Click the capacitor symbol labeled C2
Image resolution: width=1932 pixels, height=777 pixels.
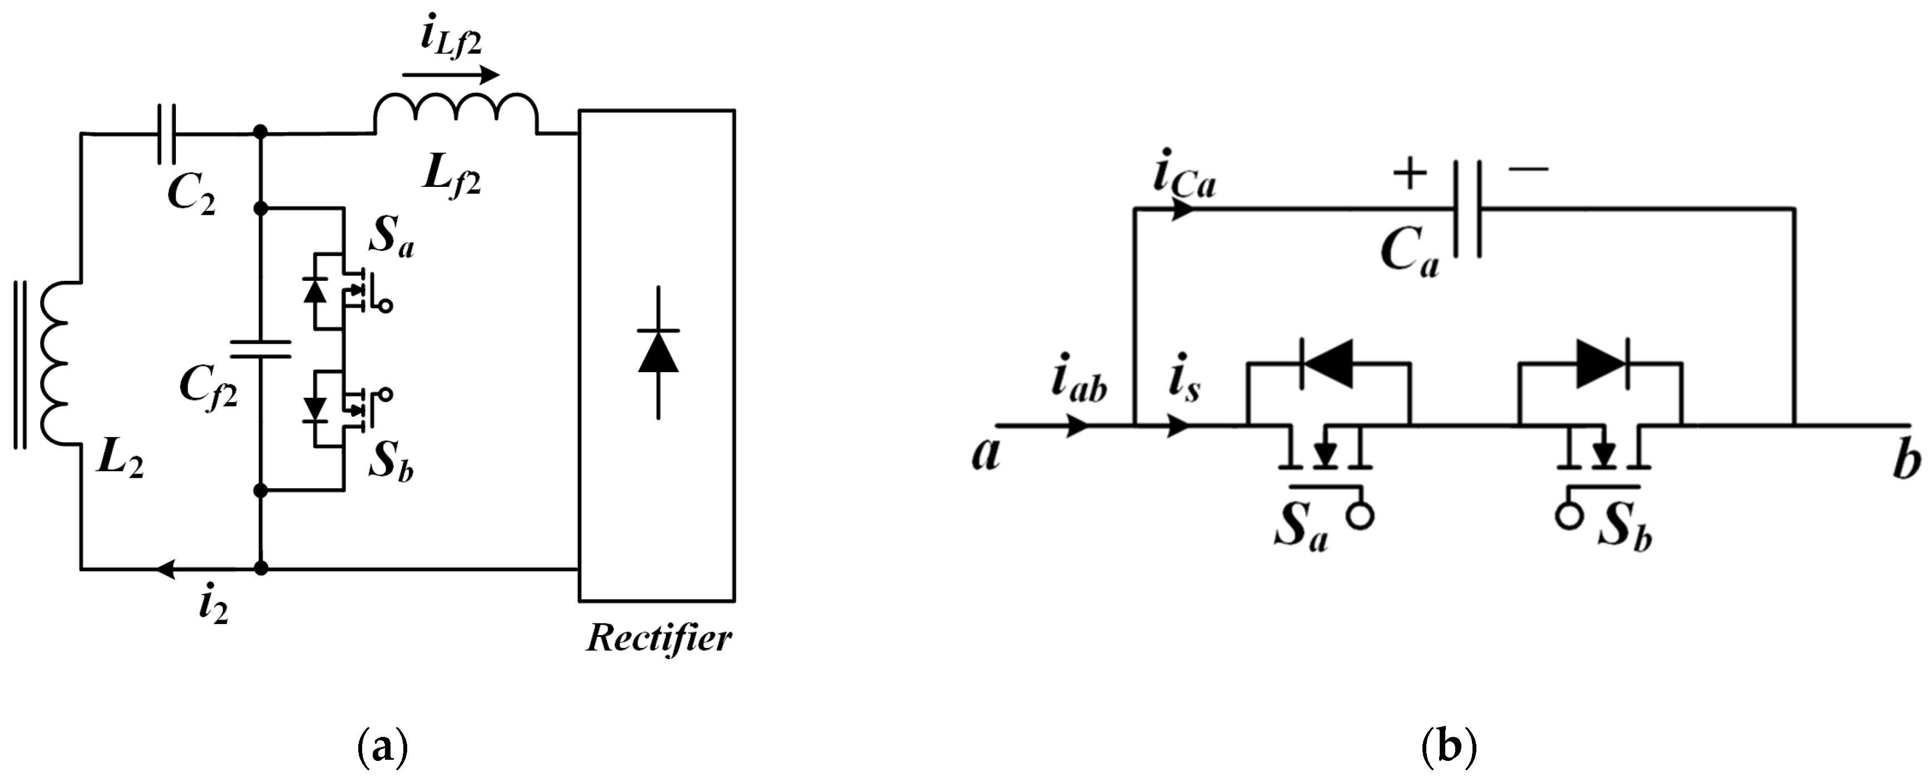coord(166,135)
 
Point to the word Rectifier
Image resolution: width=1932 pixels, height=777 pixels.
coord(659,639)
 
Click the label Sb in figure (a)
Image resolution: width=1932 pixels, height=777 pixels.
coord(391,463)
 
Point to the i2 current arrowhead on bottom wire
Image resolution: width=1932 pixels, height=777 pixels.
coord(165,568)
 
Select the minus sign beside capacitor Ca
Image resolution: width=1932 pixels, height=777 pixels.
coord(1528,169)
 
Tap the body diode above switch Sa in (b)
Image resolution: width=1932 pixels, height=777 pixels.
coord(1327,364)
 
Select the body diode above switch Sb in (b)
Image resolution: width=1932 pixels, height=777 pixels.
coord(1600,364)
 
